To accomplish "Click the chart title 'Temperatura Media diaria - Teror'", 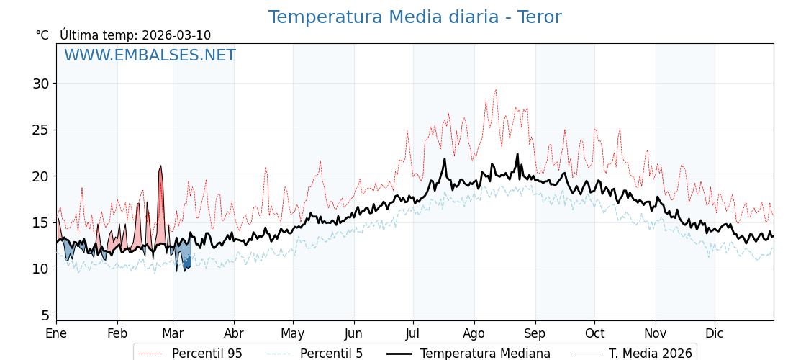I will pyautogui.click(x=415, y=17).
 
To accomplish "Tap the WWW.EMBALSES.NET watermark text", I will pyautogui.click(x=150, y=55).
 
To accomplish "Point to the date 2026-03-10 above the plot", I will pyautogui.click(x=176, y=35).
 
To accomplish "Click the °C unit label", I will pyautogui.click(x=42, y=35).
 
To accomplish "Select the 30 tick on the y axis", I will pyautogui.click(x=40, y=84).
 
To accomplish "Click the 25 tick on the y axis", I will pyautogui.click(x=40, y=130).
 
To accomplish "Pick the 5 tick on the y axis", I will pyautogui.click(x=45, y=315).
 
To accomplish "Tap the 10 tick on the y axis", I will pyautogui.click(x=40, y=269).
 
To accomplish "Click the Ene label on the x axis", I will pyautogui.click(x=56, y=333).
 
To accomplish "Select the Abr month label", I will pyautogui.click(x=234, y=333).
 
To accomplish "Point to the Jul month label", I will pyautogui.click(x=413, y=333).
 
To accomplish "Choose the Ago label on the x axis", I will pyautogui.click(x=474, y=333).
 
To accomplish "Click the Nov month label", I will pyautogui.click(x=656, y=333).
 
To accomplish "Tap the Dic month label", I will pyautogui.click(x=715, y=333).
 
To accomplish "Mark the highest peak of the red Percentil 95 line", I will pyautogui.click(x=495, y=90).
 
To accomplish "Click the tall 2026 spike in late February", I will pyautogui.click(x=160, y=166).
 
